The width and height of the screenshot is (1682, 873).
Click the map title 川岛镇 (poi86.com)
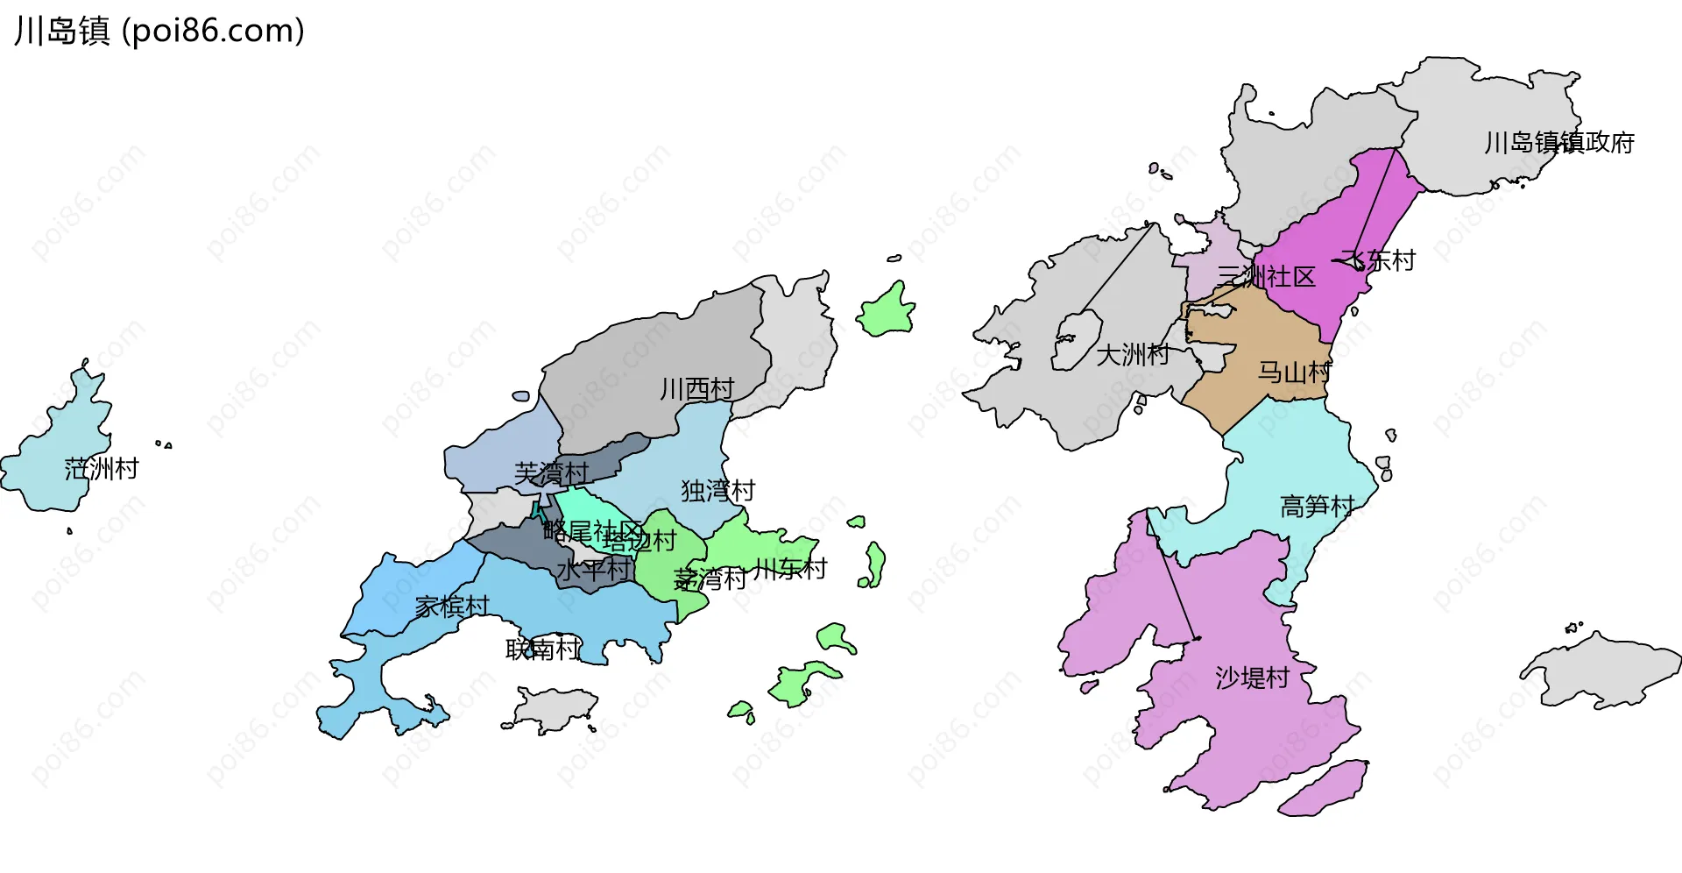tap(159, 31)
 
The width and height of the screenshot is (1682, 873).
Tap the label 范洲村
tap(102, 469)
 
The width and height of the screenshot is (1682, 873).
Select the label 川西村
tap(696, 389)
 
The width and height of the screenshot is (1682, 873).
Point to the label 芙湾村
tap(551, 473)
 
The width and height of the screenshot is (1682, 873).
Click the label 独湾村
tap(717, 491)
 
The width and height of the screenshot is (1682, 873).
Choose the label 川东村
tap(790, 570)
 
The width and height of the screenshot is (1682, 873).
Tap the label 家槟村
tap(452, 607)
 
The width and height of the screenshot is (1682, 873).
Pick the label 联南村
tap(543, 649)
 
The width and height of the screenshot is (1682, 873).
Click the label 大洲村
tap(1133, 355)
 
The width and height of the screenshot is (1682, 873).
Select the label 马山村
tap(1294, 373)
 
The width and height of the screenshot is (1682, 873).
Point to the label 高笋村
tap(1317, 507)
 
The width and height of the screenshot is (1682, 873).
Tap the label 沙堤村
tap(1252, 678)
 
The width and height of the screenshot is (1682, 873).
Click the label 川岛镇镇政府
tap(1559, 143)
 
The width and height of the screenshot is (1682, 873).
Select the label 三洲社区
tap(1267, 277)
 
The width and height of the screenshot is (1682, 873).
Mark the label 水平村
tap(594, 570)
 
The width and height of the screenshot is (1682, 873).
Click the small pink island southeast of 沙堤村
tap(1323, 789)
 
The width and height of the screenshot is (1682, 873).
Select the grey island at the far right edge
tap(1603, 671)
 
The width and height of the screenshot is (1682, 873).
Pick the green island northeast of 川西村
tap(887, 311)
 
